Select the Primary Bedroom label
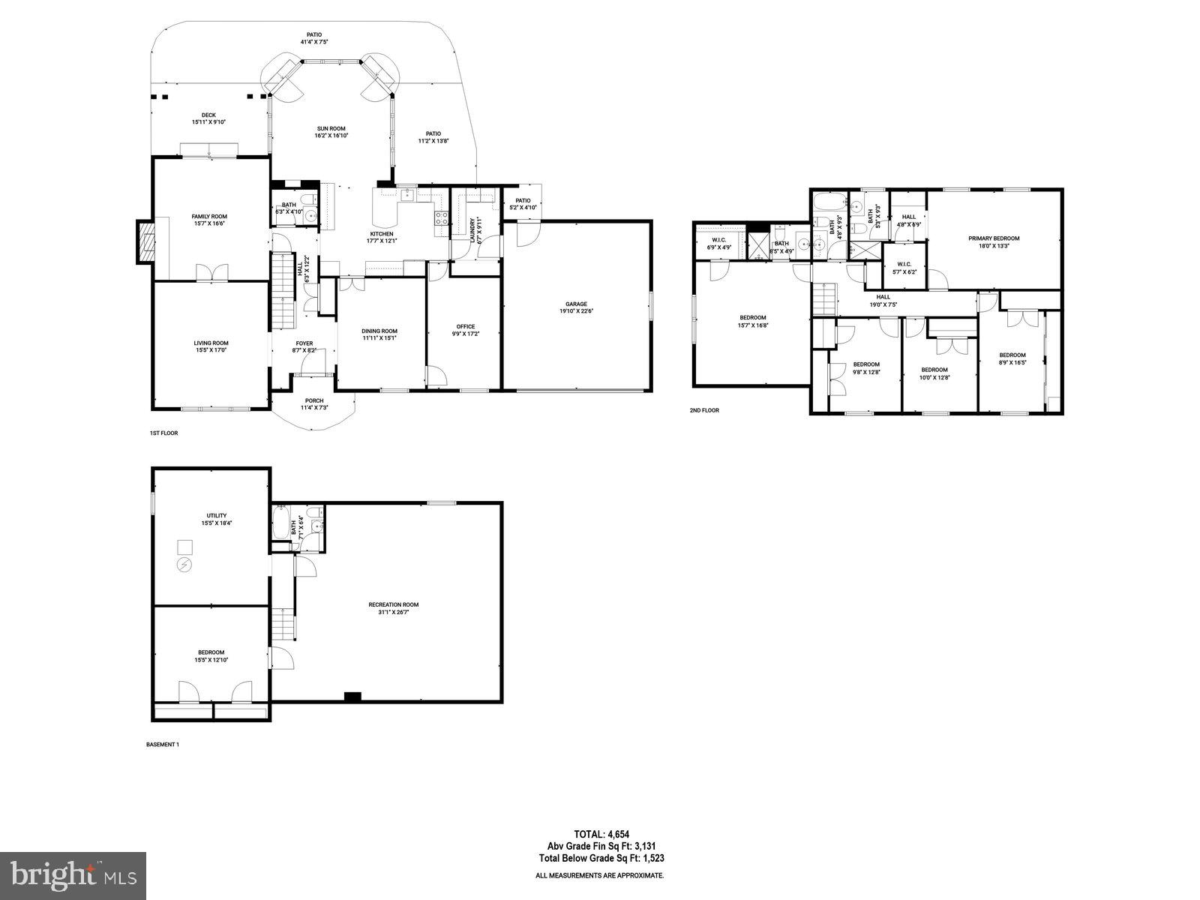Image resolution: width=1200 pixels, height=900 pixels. point(994,238)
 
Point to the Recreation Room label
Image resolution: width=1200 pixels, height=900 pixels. point(393,604)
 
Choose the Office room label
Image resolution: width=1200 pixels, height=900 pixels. point(466,326)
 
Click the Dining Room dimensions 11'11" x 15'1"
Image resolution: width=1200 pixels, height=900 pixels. point(379,337)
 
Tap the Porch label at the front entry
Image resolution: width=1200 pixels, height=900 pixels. point(314,400)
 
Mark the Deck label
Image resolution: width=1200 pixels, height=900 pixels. point(208,115)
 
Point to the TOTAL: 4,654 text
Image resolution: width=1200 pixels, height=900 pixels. point(600,833)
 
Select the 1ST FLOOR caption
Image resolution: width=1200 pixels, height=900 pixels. point(163,433)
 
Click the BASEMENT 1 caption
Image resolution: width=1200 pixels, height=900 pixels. point(162,745)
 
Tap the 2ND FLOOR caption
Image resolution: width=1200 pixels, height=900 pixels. point(704,410)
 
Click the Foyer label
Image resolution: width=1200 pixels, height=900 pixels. point(304,343)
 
